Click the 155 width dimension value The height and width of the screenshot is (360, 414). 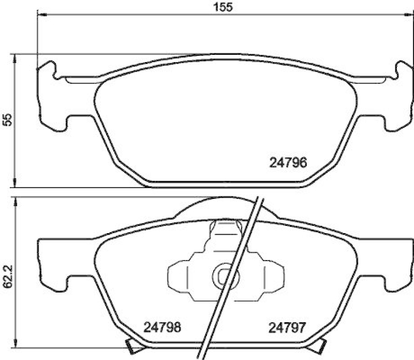223,7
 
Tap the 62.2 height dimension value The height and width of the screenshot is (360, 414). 7,277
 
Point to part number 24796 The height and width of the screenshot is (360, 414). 289,163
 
